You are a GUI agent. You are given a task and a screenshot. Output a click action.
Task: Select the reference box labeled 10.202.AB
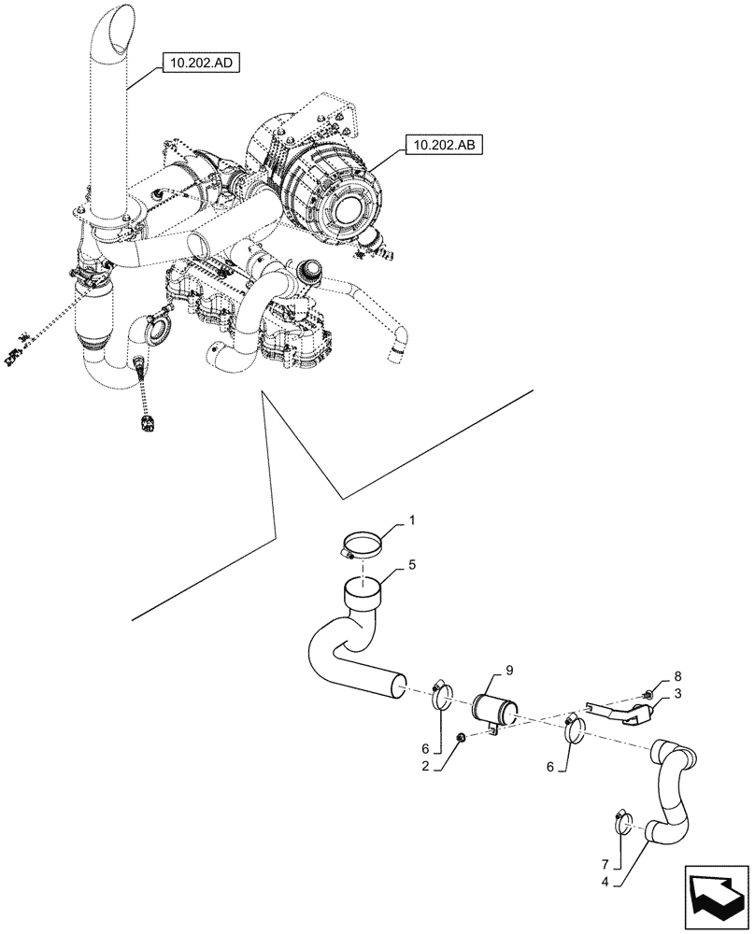click(x=440, y=146)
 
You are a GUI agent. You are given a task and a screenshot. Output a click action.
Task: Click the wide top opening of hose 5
click(x=366, y=589)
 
